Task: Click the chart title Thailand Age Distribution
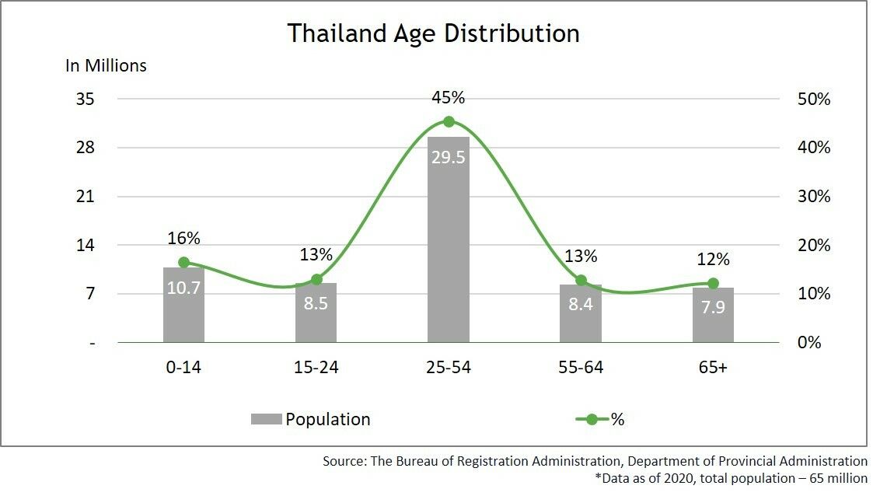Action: [433, 33]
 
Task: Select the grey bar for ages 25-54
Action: [449, 249]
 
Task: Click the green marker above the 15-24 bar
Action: [316, 279]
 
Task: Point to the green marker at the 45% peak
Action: [449, 121]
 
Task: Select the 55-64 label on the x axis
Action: [581, 367]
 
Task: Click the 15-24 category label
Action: [316, 367]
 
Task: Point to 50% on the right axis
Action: [814, 100]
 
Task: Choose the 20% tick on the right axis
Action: [814, 246]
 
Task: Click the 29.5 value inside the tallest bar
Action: [449, 156]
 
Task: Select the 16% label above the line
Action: [183, 238]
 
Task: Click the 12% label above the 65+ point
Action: [713, 259]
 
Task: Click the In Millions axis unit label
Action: [106, 65]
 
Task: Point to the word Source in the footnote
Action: [342, 461]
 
